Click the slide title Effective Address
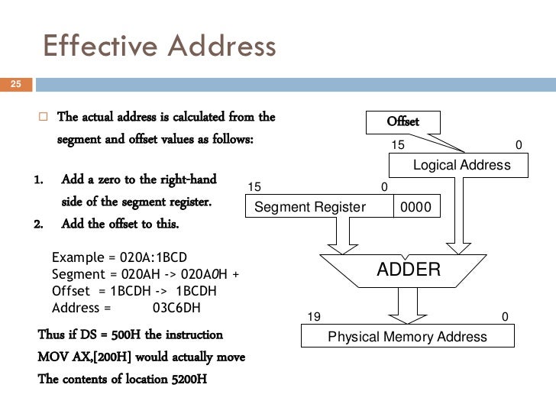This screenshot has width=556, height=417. coord(159,47)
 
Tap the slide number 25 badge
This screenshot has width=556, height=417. coord(15,84)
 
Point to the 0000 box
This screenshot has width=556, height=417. coord(416,207)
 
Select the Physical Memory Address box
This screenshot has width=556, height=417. coord(407,336)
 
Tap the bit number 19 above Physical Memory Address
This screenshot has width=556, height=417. coord(313,316)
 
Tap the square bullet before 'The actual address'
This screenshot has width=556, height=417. coord(44,118)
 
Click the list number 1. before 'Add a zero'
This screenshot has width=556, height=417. coord(39,180)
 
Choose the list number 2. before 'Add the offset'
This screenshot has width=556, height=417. coord(39,225)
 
